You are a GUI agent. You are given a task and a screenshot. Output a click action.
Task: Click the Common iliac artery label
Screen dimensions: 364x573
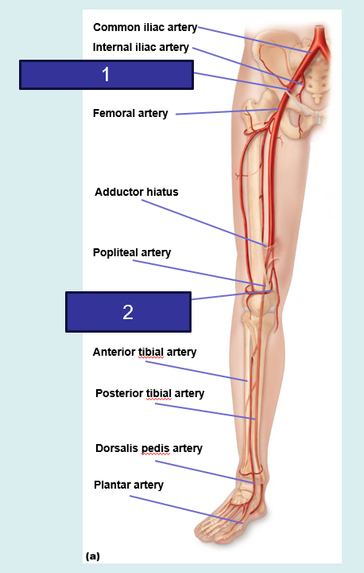coord(145,28)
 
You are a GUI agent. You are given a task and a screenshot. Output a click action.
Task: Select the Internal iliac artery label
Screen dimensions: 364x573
coord(141,48)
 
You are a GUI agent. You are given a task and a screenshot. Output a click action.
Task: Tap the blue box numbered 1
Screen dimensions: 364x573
coord(106,75)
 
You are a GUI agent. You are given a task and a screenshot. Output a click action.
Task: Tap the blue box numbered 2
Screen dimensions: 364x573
coord(128,312)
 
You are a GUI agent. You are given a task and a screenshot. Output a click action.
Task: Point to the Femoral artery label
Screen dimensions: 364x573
coord(130,114)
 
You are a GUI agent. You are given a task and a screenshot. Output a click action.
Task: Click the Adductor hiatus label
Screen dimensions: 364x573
coord(137,193)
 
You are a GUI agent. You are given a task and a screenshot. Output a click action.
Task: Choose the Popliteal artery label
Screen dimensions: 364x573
coord(132,253)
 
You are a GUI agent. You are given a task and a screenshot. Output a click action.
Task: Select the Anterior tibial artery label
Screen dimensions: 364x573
coord(145,353)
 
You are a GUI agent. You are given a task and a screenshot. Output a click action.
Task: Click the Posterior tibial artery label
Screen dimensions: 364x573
coord(149,394)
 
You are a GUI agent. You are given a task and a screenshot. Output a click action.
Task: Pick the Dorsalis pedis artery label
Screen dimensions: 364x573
coord(149,449)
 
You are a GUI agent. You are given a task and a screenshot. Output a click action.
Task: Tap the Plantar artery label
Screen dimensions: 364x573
coord(129,485)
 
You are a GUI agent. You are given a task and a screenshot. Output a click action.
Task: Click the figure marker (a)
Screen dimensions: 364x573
coord(92,556)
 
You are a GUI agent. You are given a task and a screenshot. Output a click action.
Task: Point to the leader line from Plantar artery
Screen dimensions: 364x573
coord(186,509)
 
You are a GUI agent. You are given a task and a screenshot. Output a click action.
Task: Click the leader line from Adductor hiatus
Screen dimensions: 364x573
coord(203,223)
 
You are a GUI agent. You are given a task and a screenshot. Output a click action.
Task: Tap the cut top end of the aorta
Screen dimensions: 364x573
coord(320,27)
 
